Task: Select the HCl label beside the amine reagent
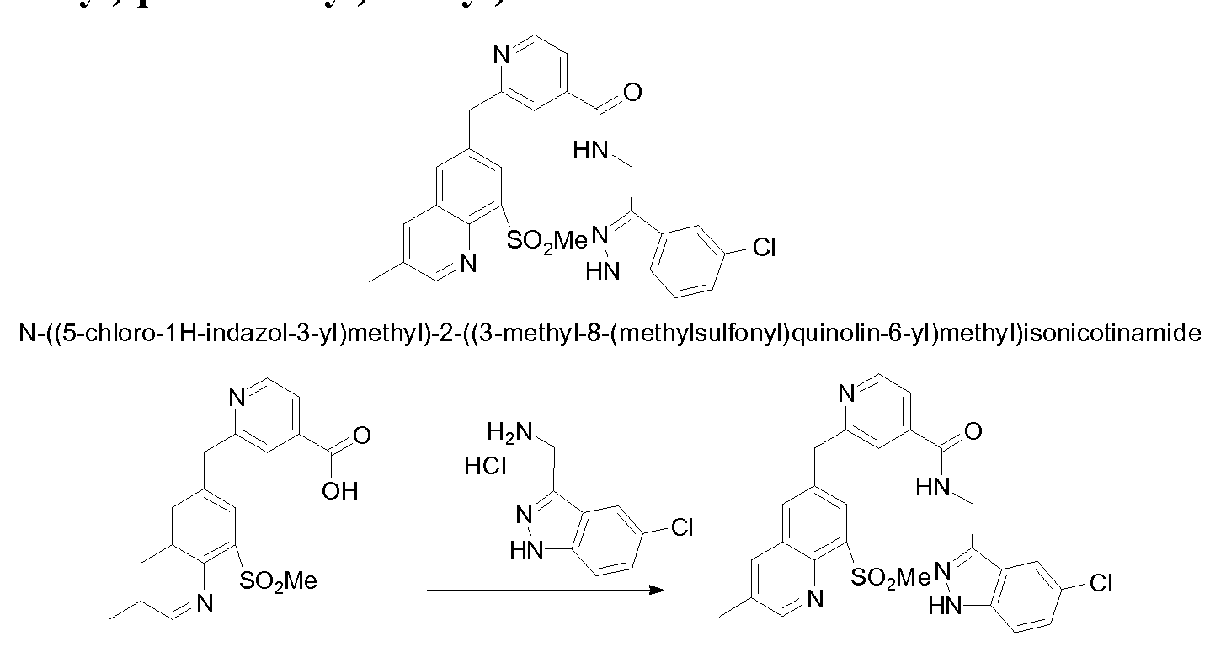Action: tap(485, 466)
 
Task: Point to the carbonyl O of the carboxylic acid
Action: tap(362, 436)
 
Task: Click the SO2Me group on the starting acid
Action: tap(278, 580)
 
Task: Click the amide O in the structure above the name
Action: tap(632, 91)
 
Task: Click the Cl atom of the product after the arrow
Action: tap(1101, 583)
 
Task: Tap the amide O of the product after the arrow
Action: tap(973, 432)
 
